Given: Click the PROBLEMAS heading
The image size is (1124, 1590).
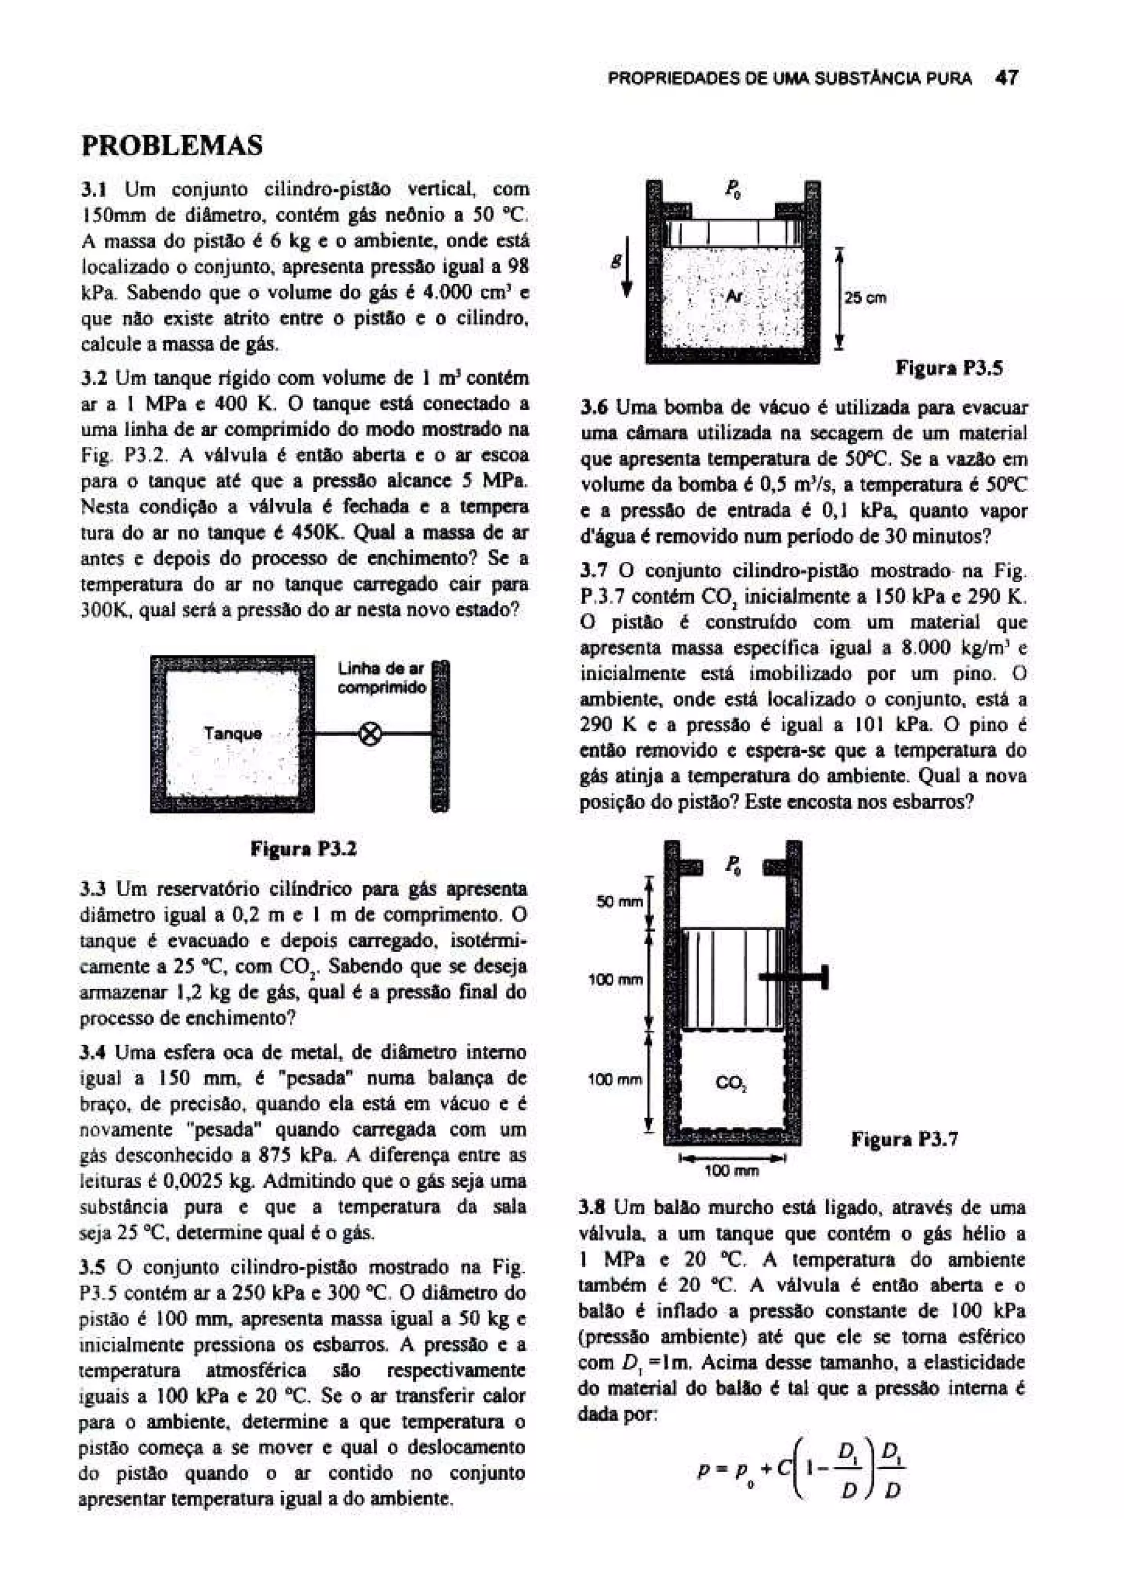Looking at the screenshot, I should [x=172, y=146].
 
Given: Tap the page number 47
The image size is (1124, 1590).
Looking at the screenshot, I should [x=1006, y=78].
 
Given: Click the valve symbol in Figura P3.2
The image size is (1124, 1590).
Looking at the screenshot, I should [x=372, y=734].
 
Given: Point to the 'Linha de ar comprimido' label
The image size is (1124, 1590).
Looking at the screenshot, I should [x=381, y=677].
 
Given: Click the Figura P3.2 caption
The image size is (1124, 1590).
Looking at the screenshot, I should [x=304, y=849].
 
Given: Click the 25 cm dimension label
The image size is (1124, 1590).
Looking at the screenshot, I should [x=864, y=298].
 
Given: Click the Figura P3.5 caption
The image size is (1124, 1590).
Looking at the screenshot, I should [x=949, y=368].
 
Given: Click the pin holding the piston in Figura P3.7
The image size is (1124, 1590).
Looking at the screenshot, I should [x=795, y=977].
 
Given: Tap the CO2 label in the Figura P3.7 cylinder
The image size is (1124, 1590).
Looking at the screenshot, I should [x=730, y=1082].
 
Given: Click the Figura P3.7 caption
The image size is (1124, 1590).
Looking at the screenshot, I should [x=904, y=1139].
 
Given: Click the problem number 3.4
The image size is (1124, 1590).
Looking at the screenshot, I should [x=93, y=1053].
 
